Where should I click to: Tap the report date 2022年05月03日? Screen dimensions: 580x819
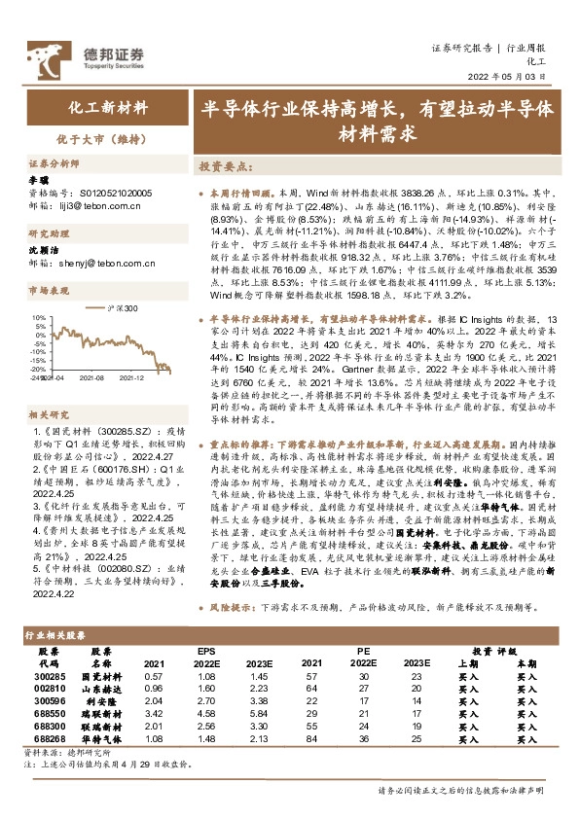(510, 76)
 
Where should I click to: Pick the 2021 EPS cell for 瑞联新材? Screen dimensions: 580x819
(153, 713)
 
